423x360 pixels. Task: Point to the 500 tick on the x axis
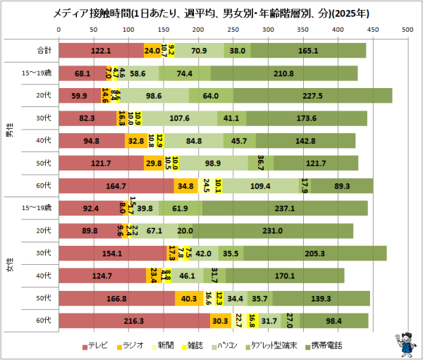[407, 30]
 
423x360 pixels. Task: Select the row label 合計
[44, 51]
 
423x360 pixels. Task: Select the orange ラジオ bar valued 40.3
[189, 298]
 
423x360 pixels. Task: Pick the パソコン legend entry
[234, 345]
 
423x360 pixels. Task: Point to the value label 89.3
[342, 185]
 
